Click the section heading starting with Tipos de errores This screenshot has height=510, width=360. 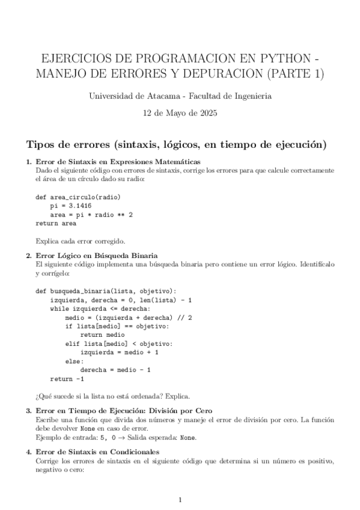(x=175, y=144)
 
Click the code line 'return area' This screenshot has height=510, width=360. (x=56, y=223)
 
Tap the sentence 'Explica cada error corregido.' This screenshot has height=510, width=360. (x=81, y=241)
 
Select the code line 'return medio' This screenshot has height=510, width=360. (x=102, y=334)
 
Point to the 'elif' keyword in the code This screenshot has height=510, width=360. (x=72, y=343)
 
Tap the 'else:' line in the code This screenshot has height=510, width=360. (x=75, y=361)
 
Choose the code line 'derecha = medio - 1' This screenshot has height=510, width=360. (x=115, y=370)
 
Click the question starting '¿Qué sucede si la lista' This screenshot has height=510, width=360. (x=113, y=396)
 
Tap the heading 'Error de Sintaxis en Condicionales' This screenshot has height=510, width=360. (x=97, y=450)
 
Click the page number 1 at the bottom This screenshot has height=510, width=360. (x=180, y=499)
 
